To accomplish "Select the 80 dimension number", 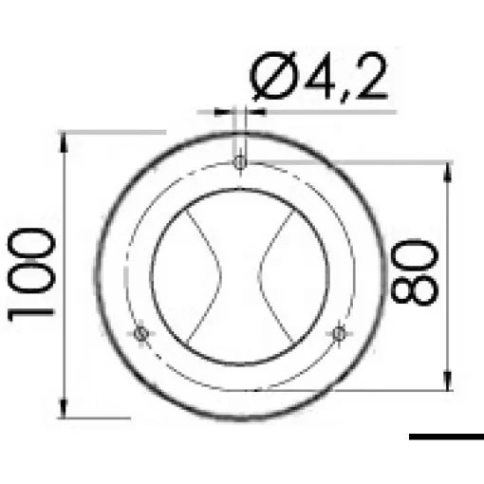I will tap(413, 273).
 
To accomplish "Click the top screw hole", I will tap(240, 164).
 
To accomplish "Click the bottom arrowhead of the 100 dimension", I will tap(64, 410).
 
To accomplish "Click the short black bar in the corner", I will tap(446, 437).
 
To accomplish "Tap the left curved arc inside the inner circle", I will tap(210, 275).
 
